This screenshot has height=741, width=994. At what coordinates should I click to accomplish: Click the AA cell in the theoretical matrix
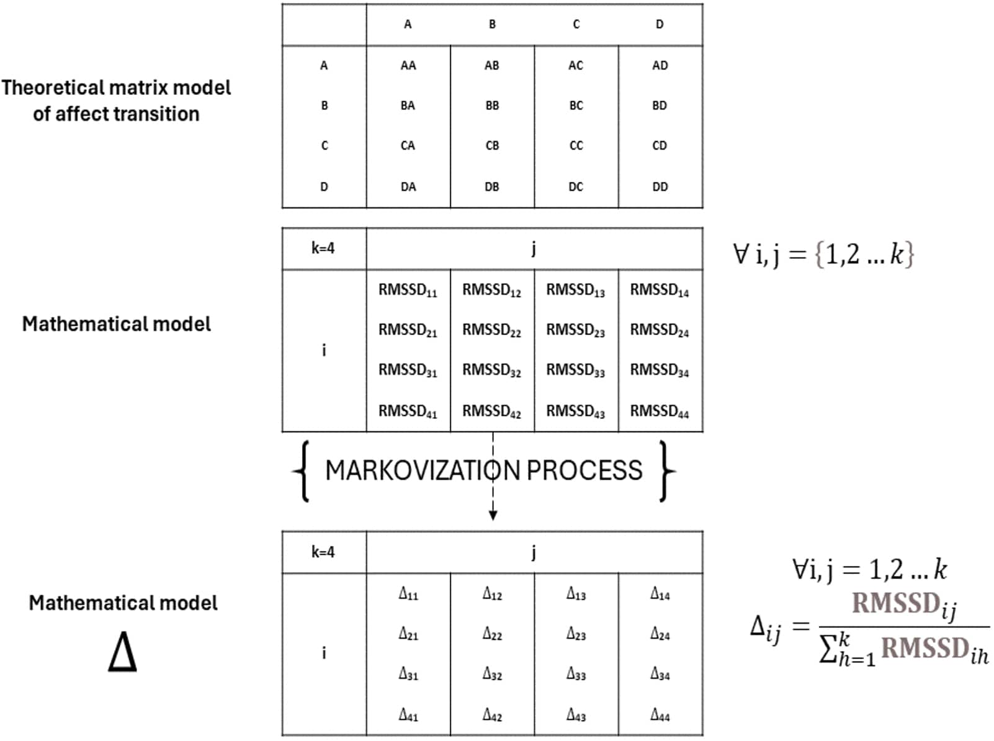coord(408,65)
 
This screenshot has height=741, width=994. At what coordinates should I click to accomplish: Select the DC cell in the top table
coord(575,186)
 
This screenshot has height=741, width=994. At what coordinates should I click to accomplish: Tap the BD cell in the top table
coord(659,106)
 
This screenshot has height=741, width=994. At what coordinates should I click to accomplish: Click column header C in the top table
coord(576,24)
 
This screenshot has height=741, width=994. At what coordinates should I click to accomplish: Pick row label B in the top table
coord(324,106)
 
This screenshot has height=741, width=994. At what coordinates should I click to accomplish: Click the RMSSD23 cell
coord(575,330)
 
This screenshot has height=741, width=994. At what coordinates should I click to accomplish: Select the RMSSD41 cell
coord(408,411)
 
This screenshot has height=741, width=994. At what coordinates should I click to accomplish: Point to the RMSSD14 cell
coord(659,290)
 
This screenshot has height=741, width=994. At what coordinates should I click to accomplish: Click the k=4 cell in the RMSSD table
coord(323,248)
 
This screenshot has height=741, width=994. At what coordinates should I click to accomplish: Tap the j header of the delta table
coord(534,552)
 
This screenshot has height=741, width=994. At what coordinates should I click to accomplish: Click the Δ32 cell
coord(492,674)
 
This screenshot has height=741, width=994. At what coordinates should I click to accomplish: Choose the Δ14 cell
coord(660,594)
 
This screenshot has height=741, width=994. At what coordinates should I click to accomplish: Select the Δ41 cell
coord(408,715)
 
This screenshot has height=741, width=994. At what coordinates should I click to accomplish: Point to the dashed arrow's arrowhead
coord(493,515)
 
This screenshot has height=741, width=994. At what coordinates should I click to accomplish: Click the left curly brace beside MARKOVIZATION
coord(302,470)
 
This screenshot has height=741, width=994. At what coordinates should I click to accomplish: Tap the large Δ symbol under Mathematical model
coord(122,652)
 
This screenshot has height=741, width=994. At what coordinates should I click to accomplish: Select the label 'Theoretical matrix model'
coord(115,88)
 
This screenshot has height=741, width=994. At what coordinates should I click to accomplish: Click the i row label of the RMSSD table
coord(323,351)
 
